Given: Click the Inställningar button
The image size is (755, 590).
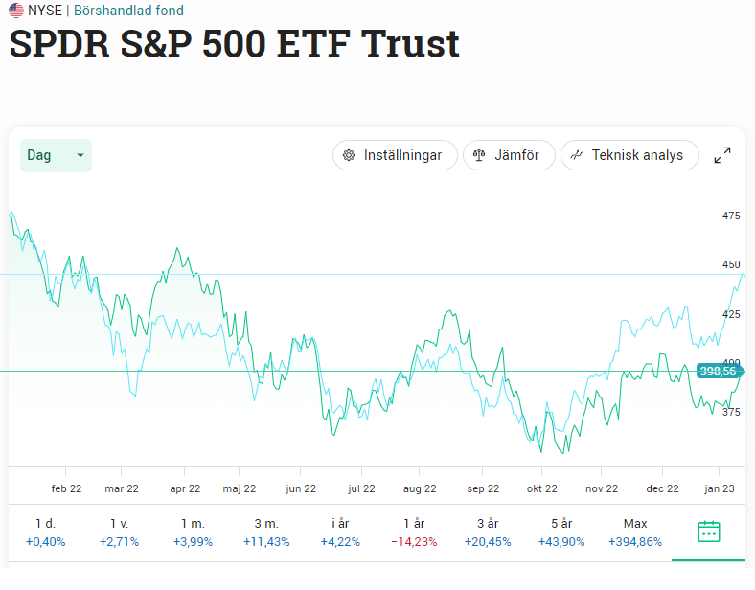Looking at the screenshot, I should [x=394, y=155].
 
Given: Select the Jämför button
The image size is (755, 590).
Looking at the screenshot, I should [x=508, y=155].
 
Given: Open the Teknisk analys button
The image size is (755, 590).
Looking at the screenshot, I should [x=629, y=155].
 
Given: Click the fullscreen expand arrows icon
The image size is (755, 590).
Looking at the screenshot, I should [x=723, y=155].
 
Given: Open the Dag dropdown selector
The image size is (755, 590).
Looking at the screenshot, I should [x=56, y=155].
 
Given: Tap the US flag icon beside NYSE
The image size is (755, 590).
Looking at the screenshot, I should [x=16, y=11].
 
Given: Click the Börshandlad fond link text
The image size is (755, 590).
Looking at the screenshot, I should [x=128, y=11].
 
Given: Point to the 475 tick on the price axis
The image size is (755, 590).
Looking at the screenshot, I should [x=731, y=216].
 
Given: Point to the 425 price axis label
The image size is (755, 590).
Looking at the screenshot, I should [x=731, y=314].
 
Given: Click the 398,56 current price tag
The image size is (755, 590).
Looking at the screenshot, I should [x=718, y=372].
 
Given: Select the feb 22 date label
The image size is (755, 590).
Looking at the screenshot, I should [x=66, y=488].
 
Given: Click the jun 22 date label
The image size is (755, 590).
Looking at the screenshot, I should [x=301, y=488].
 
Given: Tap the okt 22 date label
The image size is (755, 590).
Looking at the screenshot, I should [x=541, y=488].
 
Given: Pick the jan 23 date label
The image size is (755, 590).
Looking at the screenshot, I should [x=720, y=488].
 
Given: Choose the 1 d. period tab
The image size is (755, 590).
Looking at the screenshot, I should [x=44, y=532].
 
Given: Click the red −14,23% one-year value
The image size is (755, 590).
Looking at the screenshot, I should [x=414, y=542].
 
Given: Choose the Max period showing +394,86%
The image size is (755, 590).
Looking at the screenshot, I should [x=634, y=532].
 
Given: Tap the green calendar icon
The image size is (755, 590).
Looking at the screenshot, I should [x=708, y=532].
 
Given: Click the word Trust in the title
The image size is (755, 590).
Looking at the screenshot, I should [x=409, y=45].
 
